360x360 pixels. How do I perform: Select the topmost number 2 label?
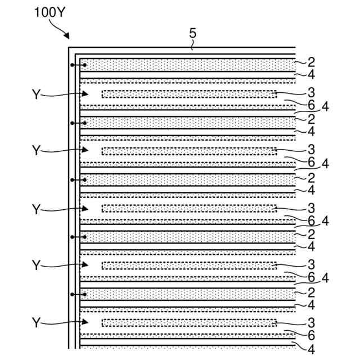[310, 61]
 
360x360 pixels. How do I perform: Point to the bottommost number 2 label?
[310, 292]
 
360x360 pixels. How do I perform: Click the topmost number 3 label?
[310, 92]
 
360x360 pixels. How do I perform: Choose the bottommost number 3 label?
[310, 322]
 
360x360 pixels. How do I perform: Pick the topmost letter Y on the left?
[37, 94]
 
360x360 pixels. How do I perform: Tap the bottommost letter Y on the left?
[37, 323]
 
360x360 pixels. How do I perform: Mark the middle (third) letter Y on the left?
[37, 209]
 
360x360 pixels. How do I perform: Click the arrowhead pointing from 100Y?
[67, 37]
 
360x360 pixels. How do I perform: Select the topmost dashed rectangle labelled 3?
[189, 93]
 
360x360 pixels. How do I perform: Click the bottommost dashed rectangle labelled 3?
[189, 322]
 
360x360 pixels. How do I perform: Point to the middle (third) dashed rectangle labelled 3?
[189, 208]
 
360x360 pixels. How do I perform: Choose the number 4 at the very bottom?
[310, 350]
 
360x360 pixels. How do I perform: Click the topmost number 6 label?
[310, 105]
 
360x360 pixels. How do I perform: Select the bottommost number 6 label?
[310, 335]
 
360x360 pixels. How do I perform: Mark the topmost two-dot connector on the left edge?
[78, 66]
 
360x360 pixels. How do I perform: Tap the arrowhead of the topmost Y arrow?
[86, 94]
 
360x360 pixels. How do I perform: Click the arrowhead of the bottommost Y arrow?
[86, 322]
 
